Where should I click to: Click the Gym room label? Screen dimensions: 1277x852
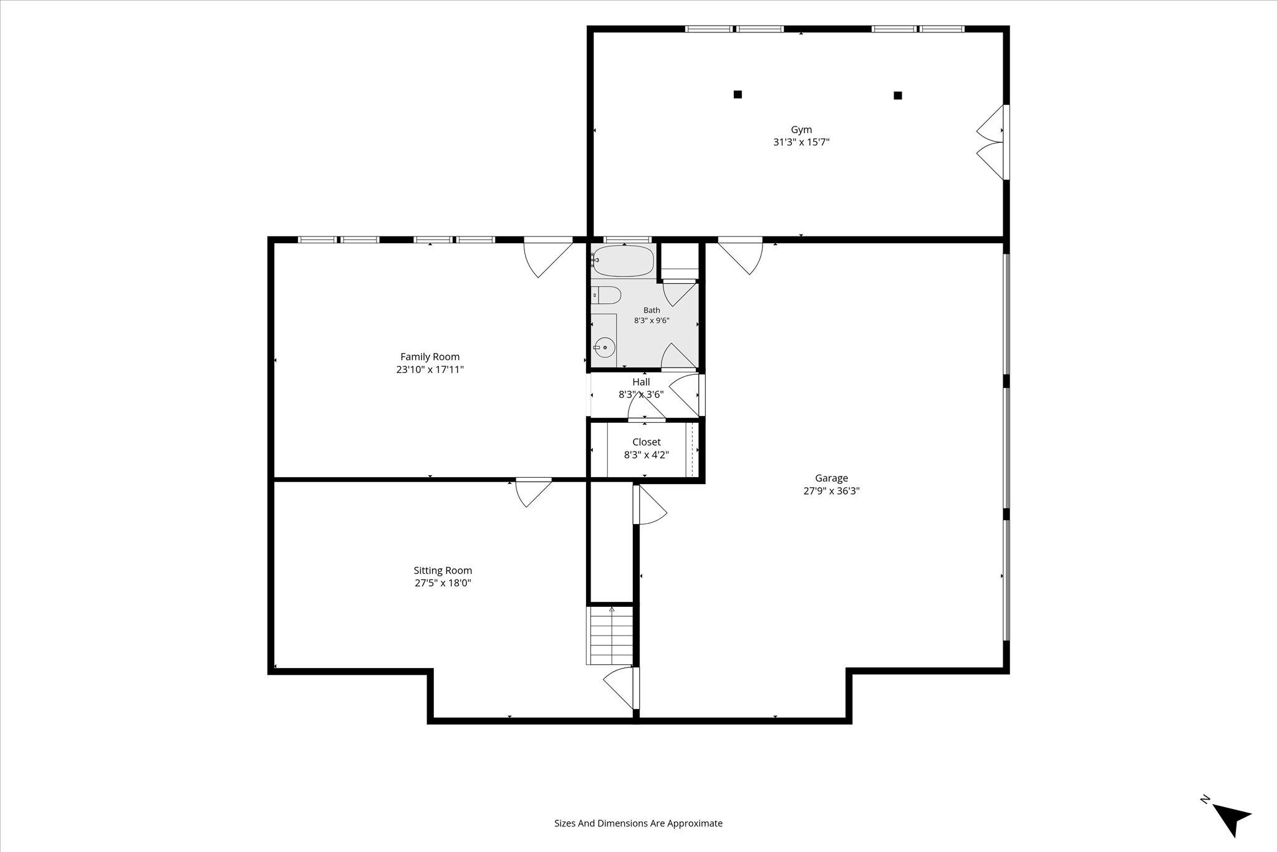801,130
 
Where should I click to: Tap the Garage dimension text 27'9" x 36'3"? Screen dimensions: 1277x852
831,491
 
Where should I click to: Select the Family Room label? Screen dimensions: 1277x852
430,357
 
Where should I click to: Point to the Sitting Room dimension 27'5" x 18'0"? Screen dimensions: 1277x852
443,583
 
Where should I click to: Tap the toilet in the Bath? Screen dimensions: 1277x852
605,294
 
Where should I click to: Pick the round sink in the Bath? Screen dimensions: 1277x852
604,347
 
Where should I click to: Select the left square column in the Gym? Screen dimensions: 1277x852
738,95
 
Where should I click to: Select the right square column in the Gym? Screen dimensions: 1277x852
898,95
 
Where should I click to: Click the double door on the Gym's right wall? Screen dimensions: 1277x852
991,143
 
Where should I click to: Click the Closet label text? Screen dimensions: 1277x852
646,442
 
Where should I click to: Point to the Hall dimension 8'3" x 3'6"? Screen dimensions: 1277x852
641,394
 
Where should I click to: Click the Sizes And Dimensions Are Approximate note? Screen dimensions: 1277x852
638,823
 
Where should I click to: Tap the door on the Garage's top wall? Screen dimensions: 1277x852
740,256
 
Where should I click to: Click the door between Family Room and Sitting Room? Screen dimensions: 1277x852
534,492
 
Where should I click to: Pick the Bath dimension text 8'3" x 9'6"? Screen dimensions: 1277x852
652,321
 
